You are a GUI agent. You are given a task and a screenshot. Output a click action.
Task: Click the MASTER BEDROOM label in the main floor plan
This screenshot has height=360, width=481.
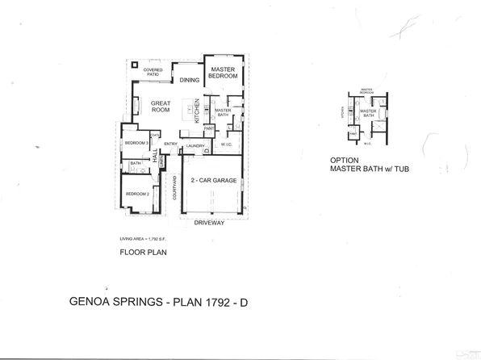pyautogui.click(x=224, y=73)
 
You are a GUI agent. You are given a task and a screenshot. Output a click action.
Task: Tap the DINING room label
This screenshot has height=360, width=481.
pyautogui.click(x=190, y=80)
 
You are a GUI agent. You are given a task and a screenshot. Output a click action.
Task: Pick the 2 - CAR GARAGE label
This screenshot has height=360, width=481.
pyautogui.click(x=213, y=181)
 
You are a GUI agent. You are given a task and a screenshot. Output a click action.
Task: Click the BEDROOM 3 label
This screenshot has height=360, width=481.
pyautogui.click(x=134, y=143)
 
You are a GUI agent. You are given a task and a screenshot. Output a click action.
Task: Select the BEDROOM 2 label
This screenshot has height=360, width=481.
pyautogui.click(x=136, y=194)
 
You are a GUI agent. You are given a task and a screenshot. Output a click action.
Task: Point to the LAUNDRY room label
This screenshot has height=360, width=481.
pyautogui.click(x=195, y=145)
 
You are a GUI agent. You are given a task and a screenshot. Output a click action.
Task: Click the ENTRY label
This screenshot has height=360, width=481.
pyautogui.click(x=171, y=145)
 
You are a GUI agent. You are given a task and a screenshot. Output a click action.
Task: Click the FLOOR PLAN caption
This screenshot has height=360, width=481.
pyautogui.click(x=141, y=253)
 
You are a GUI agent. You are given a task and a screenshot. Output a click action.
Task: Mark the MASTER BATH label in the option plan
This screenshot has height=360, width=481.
pyautogui.click(x=369, y=113)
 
